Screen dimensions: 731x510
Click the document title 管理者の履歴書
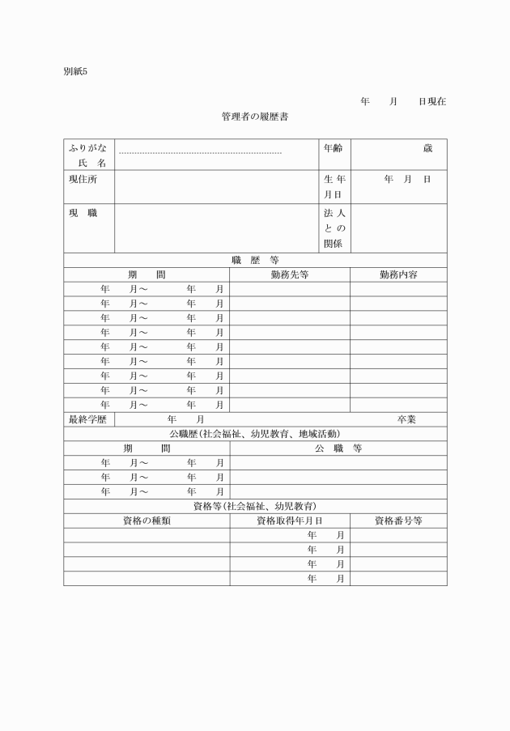pyautogui.click(x=255, y=117)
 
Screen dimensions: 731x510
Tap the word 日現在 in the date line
pyautogui.click(x=431, y=102)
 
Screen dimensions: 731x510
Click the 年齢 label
pyautogui.click(x=334, y=148)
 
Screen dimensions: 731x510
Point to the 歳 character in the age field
pyautogui.click(x=427, y=148)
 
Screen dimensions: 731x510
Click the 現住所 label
pyautogui.click(x=82, y=179)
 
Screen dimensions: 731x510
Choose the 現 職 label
pyautogui.click(x=83, y=213)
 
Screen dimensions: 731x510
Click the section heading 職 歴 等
pyautogui.click(x=255, y=261)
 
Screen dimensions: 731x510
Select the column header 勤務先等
pyautogui.click(x=290, y=275)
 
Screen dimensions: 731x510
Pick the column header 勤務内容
pyautogui.click(x=398, y=275)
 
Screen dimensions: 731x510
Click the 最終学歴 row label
pyautogui.click(x=88, y=419)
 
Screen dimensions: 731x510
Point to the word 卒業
pyautogui.click(x=406, y=419)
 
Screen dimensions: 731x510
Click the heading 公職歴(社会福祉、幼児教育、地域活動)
pyautogui.click(x=255, y=434)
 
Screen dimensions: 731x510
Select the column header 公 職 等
pyautogui.click(x=338, y=448)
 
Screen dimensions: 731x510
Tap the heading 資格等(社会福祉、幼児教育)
pyautogui.click(x=255, y=507)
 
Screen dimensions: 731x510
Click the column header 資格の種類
pyautogui.click(x=146, y=521)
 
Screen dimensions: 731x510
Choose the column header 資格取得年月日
pyautogui.click(x=290, y=521)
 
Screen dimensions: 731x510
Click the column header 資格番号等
pyautogui.click(x=398, y=521)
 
